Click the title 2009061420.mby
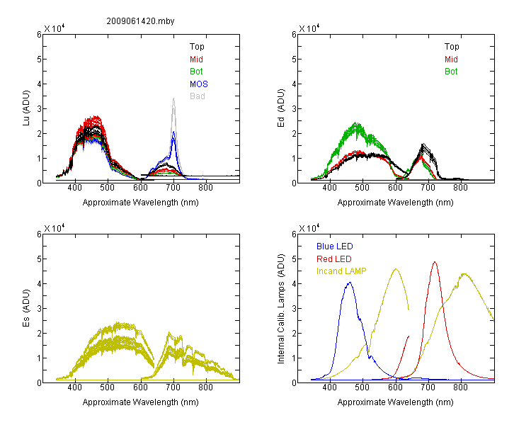pyautogui.click(x=140, y=21)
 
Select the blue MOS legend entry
pyautogui.click(x=199, y=84)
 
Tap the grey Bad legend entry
pyautogui.click(x=198, y=96)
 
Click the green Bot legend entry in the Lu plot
pyautogui.click(x=196, y=72)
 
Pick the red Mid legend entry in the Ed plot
pyautogui.click(x=451, y=59)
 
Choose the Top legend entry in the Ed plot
pyautogui.click(x=452, y=47)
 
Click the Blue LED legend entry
pyautogui.click(x=335, y=246)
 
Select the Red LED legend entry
pyautogui.click(x=334, y=259)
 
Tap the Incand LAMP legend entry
pyautogui.click(x=341, y=271)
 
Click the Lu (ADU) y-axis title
pyautogui.click(x=26, y=108)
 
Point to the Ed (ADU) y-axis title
pyautogui.click(x=281, y=108)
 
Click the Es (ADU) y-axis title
pyautogui.click(x=26, y=307)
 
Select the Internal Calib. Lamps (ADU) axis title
pyautogui.click(x=281, y=309)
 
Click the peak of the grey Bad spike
pyautogui.click(x=173, y=98)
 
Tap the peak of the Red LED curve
pyautogui.click(x=435, y=262)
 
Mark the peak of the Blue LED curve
pyautogui.click(x=350, y=283)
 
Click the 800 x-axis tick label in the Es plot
pyautogui.click(x=205, y=387)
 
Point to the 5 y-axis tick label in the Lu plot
pyautogui.click(x=39, y=59)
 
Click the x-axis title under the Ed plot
pyautogui.click(x=395, y=203)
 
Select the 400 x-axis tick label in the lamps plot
pyautogui.click(x=329, y=387)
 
